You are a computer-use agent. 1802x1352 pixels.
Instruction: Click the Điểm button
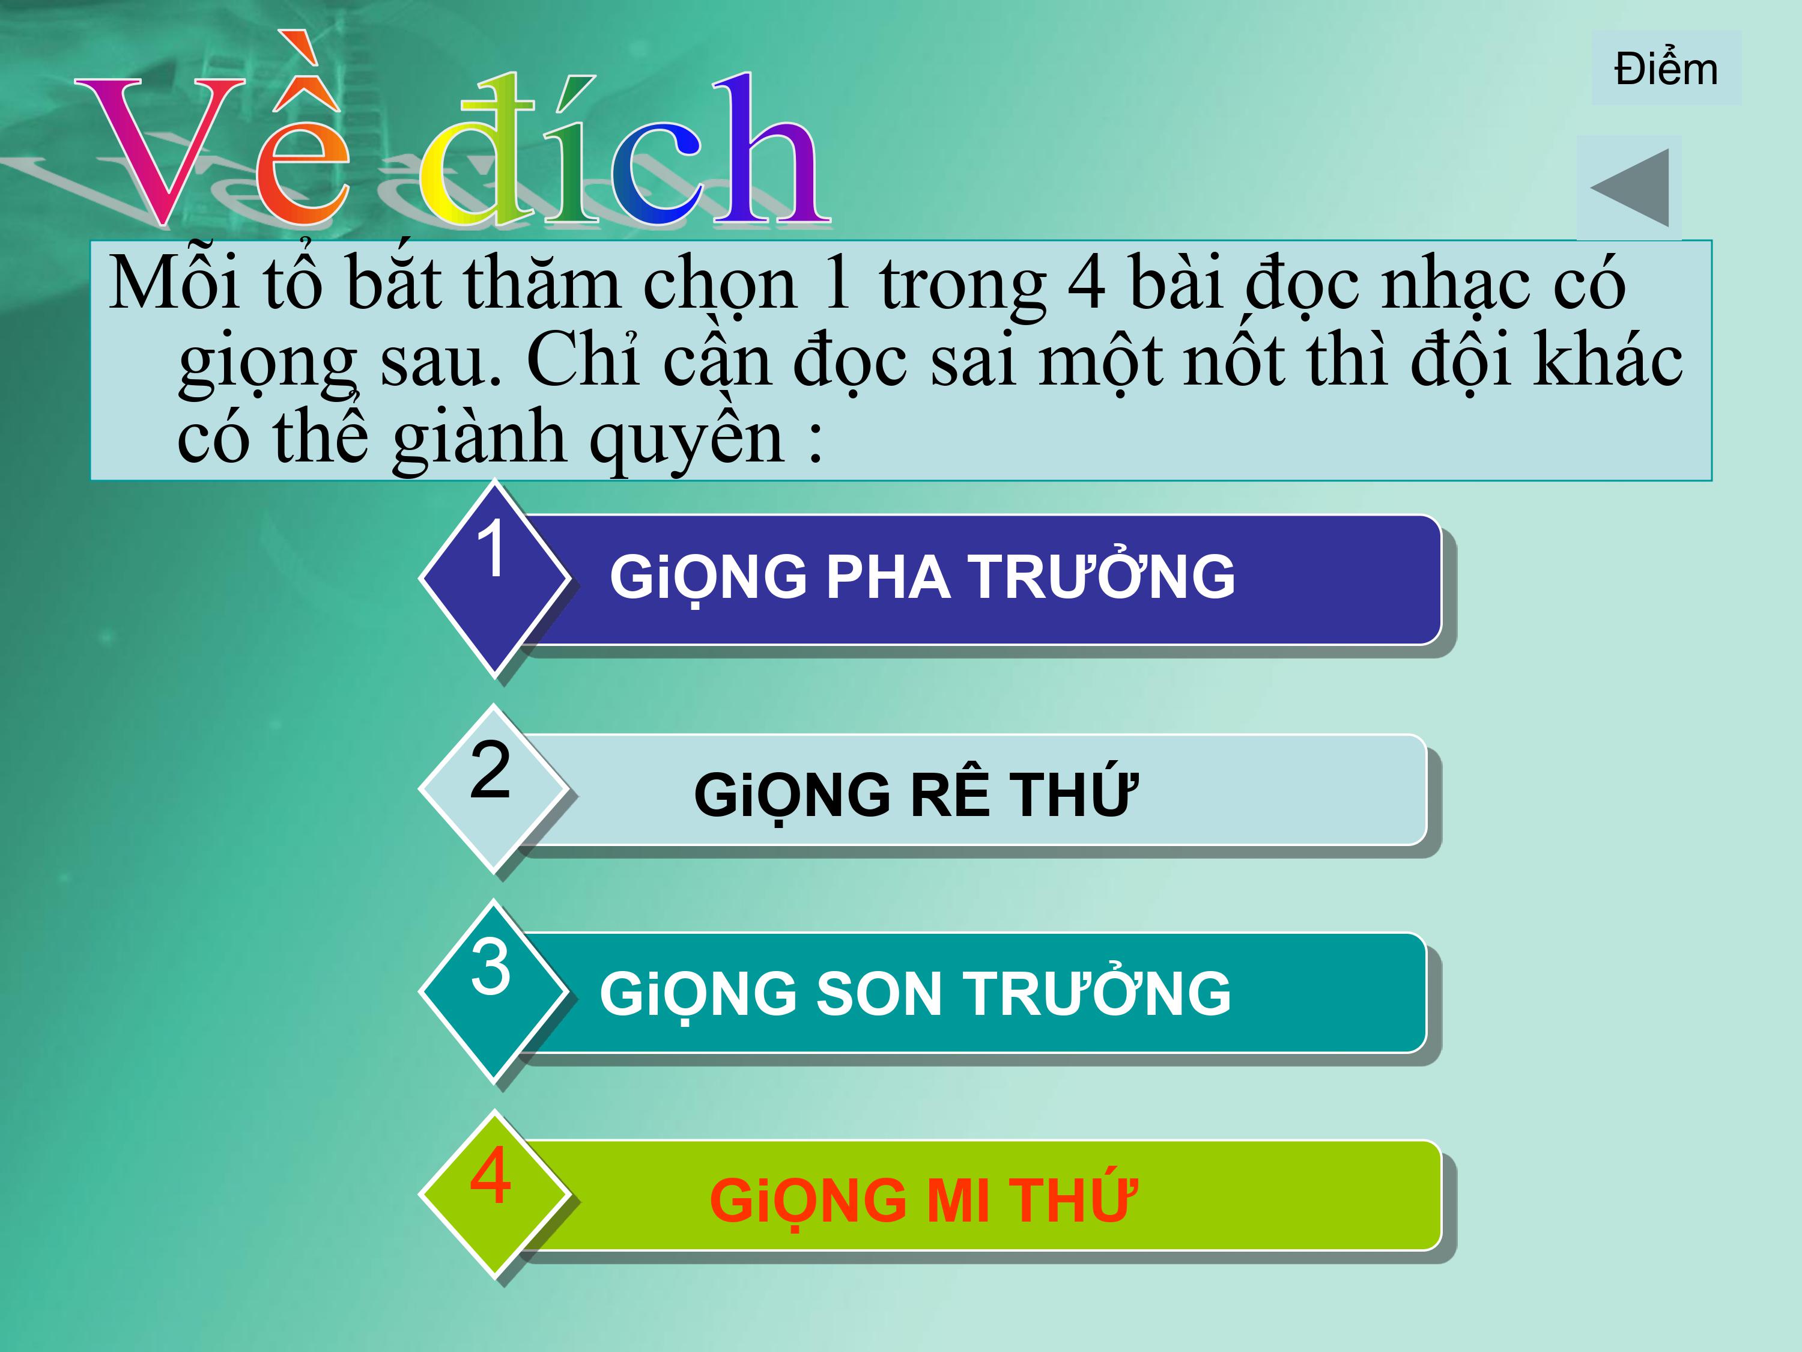click(x=1666, y=69)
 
